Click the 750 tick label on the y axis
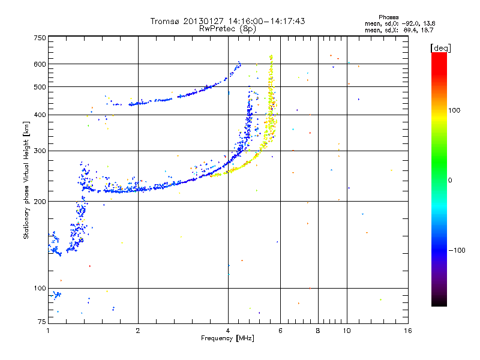tap(40, 38)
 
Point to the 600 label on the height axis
tap(40, 64)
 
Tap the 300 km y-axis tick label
tap(40, 151)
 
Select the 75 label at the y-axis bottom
tap(42, 322)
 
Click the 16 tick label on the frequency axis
tap(408, 331)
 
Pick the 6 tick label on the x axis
tap(280, 331)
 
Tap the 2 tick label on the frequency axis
tap(138, 331)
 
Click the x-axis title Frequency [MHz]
tap(227, 338)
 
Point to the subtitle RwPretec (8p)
tap(227, 29)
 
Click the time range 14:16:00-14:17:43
tap(266, 21)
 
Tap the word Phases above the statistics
tap(388, 17)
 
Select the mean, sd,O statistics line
tap(400, 23)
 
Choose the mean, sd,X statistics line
tap(399, 31)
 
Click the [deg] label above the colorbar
tap(440, 48)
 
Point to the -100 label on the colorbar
tap(457, 250)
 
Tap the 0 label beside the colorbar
tap(450, 181)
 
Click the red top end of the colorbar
tap(439, 54)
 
